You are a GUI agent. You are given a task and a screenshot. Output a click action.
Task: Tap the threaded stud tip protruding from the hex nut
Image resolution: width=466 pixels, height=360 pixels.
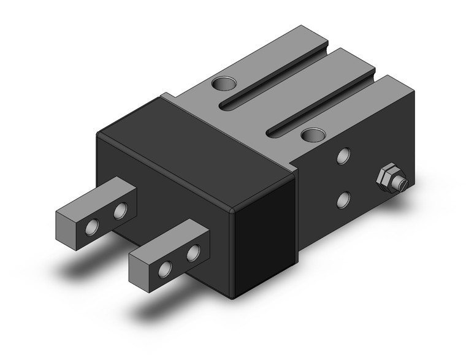(x=402, y=183)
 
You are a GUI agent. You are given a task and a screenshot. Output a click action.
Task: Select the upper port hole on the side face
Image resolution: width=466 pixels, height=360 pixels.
(x=344, y=156)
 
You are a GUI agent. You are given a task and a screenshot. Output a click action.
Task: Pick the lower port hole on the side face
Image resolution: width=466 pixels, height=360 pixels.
(x=344, y=199)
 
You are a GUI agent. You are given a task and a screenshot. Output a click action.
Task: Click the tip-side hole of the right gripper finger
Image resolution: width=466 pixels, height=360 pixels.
(x=166, y=268)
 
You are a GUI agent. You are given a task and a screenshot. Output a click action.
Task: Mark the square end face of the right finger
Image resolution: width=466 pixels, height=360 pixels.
(x=139, y=266)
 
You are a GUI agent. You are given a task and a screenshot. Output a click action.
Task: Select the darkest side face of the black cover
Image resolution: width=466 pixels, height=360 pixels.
(x=264, y=239)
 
